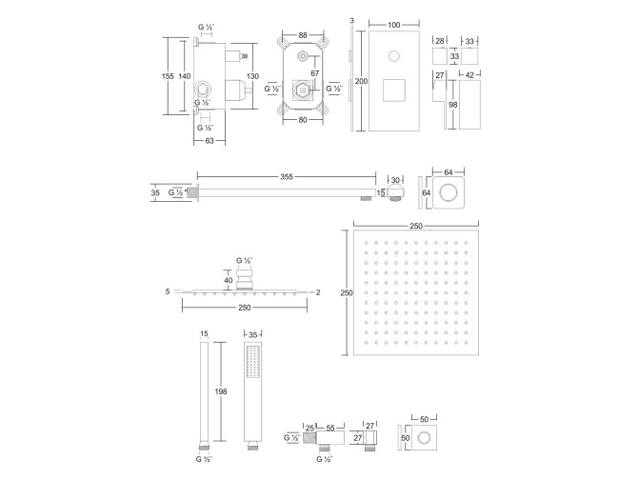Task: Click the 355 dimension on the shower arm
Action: pos(287,176)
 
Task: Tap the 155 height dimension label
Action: pos(168,76)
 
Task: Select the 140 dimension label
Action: pos(185,76)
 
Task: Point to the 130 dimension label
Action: pos(252,76)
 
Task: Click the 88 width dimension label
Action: pos(303,35)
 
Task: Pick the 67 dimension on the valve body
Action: pos(315,73)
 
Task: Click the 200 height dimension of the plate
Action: pos(361,81)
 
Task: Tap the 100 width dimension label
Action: pos(394,25)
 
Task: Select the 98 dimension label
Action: pos(453,105)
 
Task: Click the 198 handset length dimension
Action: pos(221,391)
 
